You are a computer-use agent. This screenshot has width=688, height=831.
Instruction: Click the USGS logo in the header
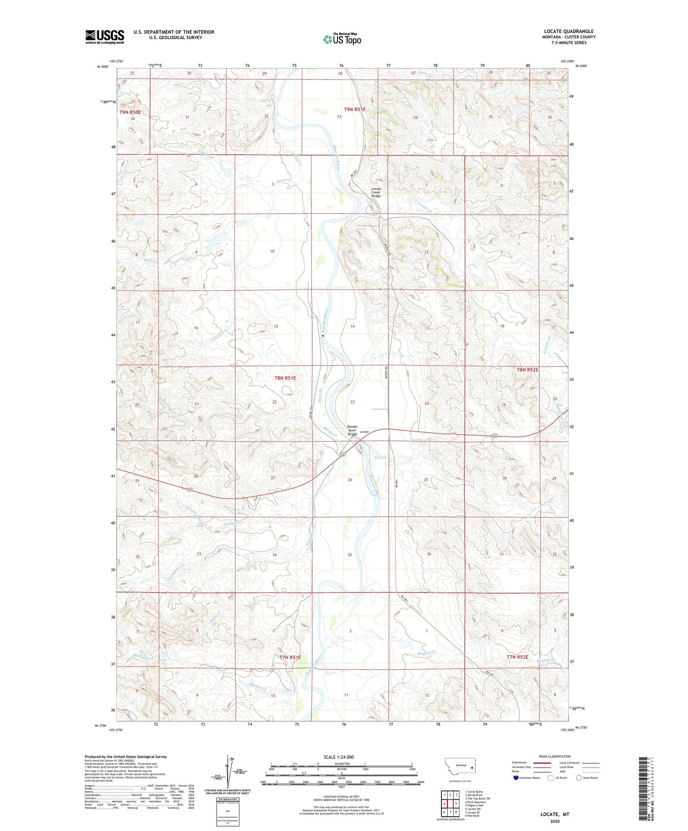(x=104, y=37)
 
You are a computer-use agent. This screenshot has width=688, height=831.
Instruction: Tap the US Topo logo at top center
(x=342, y=39)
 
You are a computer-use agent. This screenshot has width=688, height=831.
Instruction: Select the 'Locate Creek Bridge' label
(x=376, y=192)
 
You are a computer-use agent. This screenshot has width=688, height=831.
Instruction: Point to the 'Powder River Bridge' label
(x=352, y=430)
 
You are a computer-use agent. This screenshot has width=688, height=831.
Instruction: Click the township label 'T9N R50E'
(x=130, y=112)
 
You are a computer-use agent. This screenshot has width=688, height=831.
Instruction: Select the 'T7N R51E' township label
(x=290, y=657)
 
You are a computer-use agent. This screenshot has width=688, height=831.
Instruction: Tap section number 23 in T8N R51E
(x=352, y=402)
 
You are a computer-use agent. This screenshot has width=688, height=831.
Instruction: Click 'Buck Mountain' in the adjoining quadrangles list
(x=475, y=802)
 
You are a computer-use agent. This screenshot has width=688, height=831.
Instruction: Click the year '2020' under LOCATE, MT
(x=554, y=821)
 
